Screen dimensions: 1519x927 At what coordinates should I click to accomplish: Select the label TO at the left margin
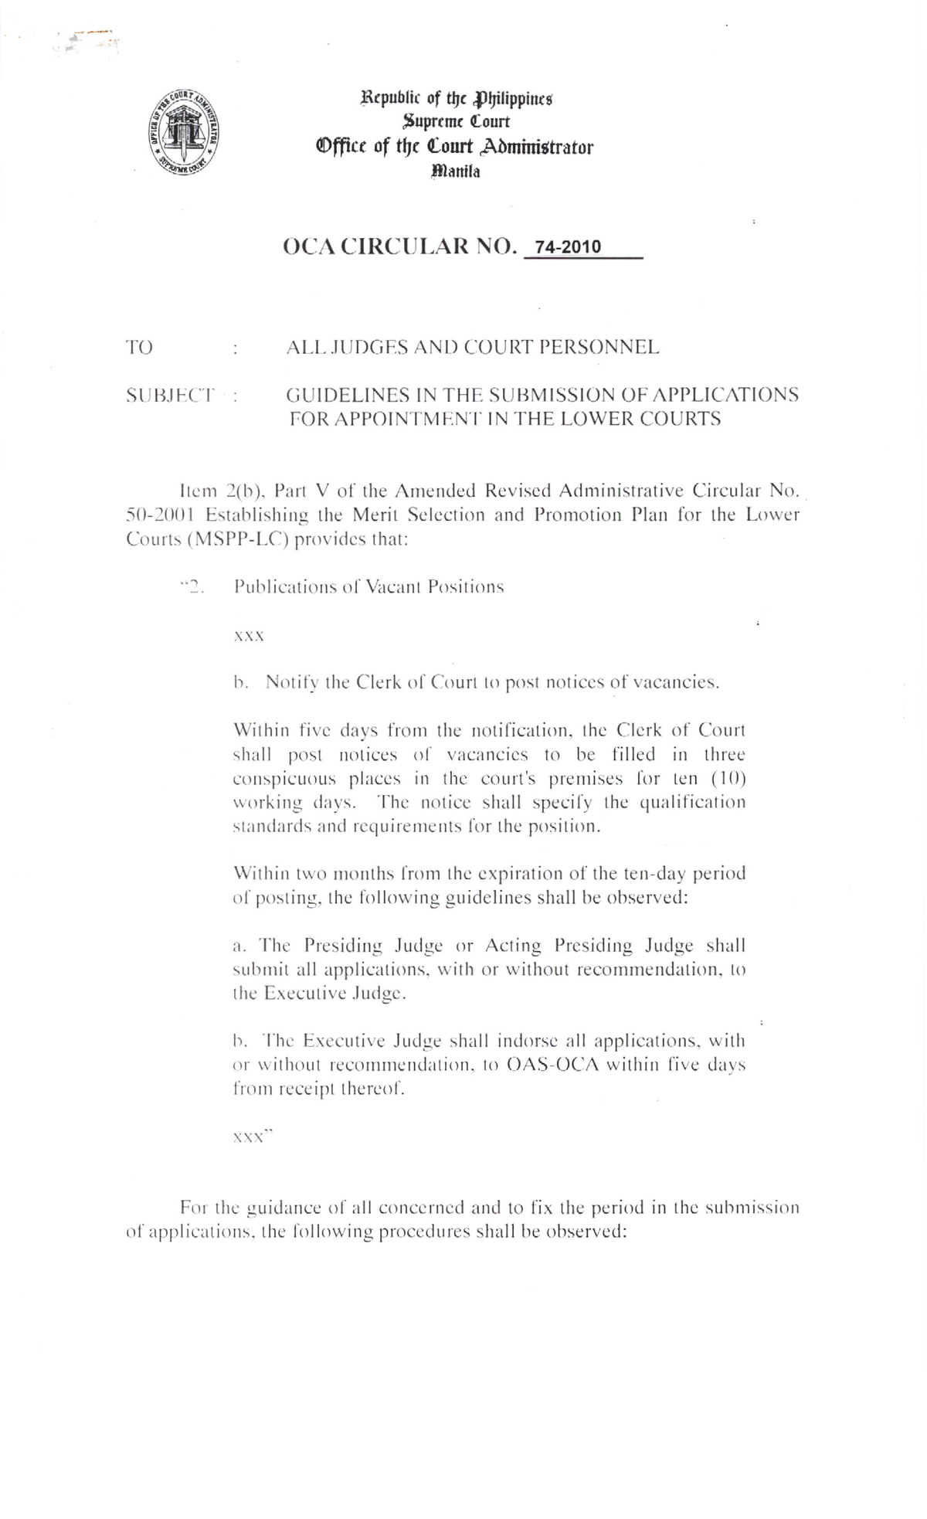[140, 348]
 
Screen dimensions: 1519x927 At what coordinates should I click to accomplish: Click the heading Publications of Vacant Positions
[368, 587]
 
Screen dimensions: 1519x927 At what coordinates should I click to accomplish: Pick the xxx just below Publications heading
[249, 637]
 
